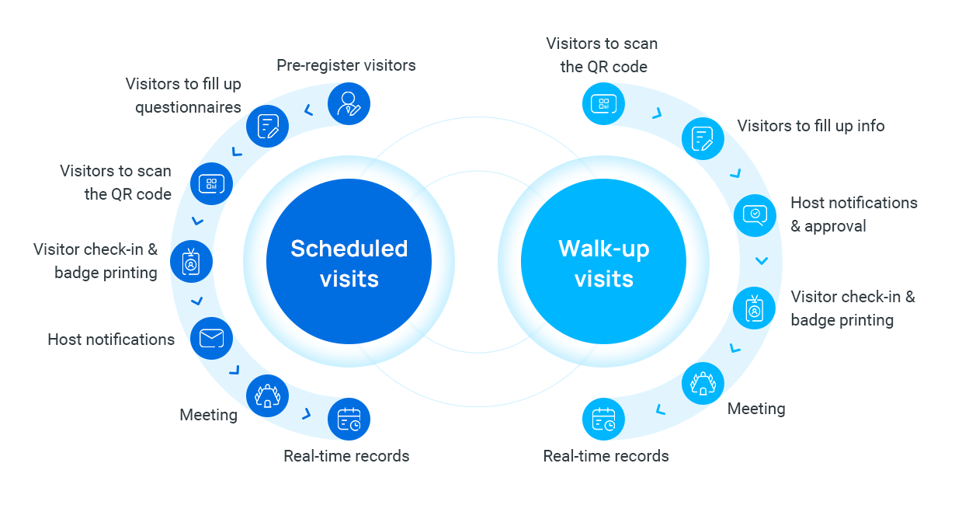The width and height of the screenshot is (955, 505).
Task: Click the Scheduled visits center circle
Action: (349, 263)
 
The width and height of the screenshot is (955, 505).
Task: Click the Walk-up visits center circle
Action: (603, 263)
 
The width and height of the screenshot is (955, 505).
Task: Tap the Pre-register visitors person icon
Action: (349, 103)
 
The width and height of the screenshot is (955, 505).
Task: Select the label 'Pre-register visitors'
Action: (346, 65)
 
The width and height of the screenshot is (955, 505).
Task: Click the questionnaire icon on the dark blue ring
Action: (268, 126)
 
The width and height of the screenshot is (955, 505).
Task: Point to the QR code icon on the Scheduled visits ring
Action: (211, 183)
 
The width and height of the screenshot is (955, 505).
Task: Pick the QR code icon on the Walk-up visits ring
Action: (603, 103)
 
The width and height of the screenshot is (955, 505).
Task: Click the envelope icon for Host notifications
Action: (211, 338)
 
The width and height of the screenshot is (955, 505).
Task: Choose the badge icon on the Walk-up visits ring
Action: (754, 308)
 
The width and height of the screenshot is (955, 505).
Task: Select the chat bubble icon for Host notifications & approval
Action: (755, 214)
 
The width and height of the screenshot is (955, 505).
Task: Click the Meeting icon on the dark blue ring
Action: (267, 395)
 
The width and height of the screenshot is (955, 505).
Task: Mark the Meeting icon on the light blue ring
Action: (703, 383)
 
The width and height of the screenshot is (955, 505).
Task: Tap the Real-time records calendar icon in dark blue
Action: (349, 420)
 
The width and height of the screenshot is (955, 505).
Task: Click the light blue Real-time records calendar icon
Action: (603, 420)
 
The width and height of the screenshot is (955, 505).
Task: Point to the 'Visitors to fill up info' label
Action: (811, 126)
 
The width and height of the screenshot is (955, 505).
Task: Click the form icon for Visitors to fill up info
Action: (703, 138)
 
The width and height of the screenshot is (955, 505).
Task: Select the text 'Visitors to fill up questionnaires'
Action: (184, 96)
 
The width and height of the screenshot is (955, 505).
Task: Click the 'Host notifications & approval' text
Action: (853, 214)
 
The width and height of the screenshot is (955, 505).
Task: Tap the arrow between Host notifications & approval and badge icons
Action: (762, 261)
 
